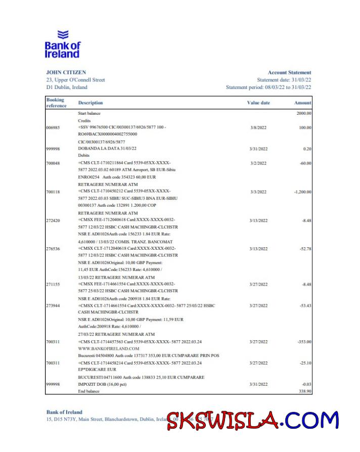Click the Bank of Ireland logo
(x=63, y=44)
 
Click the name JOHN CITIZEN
(x=66, y=72)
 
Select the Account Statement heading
(x=289, y=72)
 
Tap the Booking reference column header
(x=56, y=103)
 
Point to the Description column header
(x=91, y=103)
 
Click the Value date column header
(x=258, y=103)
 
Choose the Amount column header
(x=303, y=103)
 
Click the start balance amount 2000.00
(x=303, y=114)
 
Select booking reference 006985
(x=53, y=127)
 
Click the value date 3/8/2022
(x=258, y=127)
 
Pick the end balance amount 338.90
(x=304, y=391)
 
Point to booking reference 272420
(x=53, y=220)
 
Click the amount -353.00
(x=304, y=342)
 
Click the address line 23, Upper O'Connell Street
(x=75, y=80)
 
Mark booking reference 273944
(x=53, y=306)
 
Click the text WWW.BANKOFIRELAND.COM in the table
(x=108, y=349)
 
